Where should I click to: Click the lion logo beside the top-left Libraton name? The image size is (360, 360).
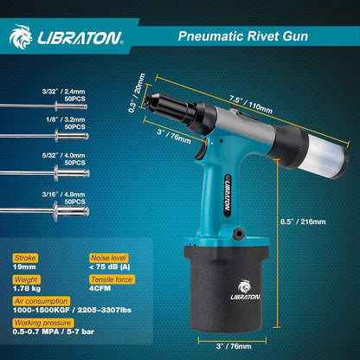coord(21,36)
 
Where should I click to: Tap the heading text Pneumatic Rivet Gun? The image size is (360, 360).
coord(243,36)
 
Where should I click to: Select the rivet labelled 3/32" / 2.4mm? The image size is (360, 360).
coord(44,106)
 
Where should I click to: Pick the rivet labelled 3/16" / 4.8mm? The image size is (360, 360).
coord(45,211)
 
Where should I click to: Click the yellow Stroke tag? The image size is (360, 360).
coord(25,258)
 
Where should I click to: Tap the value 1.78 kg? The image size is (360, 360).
coord(27,288)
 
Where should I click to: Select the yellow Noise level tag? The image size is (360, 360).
coord(108,258)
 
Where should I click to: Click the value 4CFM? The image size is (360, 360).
coord(100,288)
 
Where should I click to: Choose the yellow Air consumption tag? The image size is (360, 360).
coord(42,301)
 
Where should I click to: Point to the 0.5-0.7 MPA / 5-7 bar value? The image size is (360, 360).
coord(54,331)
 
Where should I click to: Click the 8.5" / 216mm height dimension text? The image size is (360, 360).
coord(303,222)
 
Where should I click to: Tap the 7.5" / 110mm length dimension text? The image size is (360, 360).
coord(251,104)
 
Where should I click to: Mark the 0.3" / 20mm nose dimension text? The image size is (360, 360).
coord(137,93)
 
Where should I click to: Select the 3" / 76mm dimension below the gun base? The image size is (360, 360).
coord(234,346)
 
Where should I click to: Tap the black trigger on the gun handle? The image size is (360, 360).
coord(201,151)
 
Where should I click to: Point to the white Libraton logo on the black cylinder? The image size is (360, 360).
coord(246,290)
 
